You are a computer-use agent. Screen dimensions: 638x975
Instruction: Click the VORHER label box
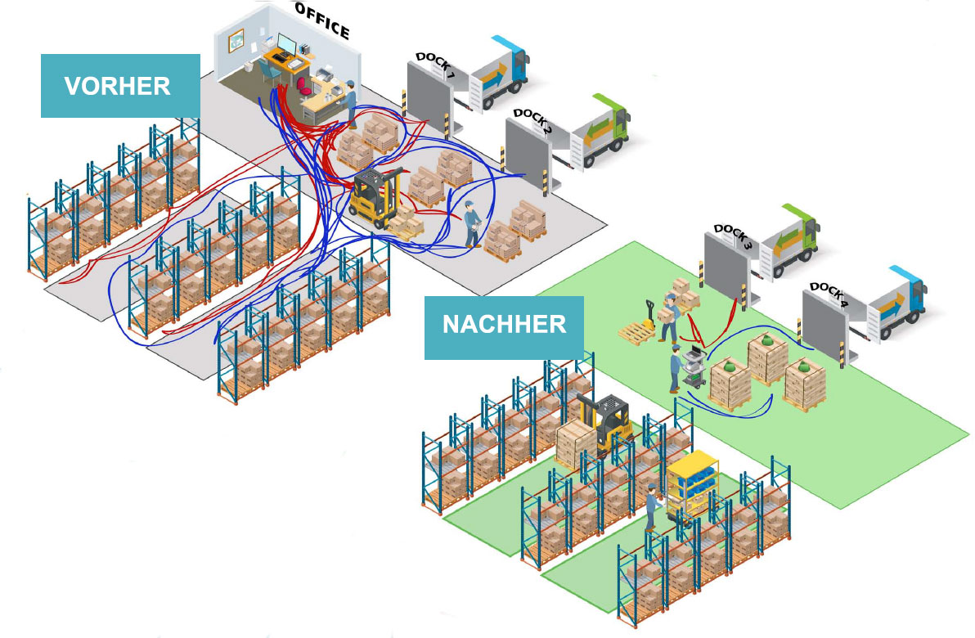coord(120,86)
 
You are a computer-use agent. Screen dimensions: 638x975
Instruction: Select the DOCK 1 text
coord(435,65)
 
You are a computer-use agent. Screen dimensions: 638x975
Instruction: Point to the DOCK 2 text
coord(533,121)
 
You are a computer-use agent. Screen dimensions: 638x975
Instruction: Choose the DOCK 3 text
coord(735,236)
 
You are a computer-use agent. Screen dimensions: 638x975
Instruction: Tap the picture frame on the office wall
coord(236,38)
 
